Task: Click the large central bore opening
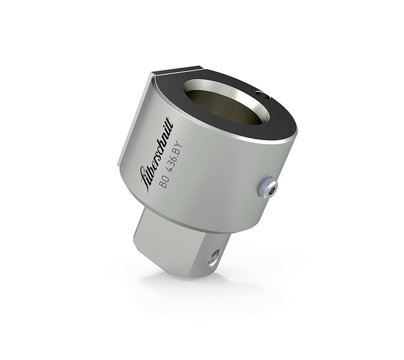coord(226,104)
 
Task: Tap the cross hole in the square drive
coord(213,256)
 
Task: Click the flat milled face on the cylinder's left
coord(133,128)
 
